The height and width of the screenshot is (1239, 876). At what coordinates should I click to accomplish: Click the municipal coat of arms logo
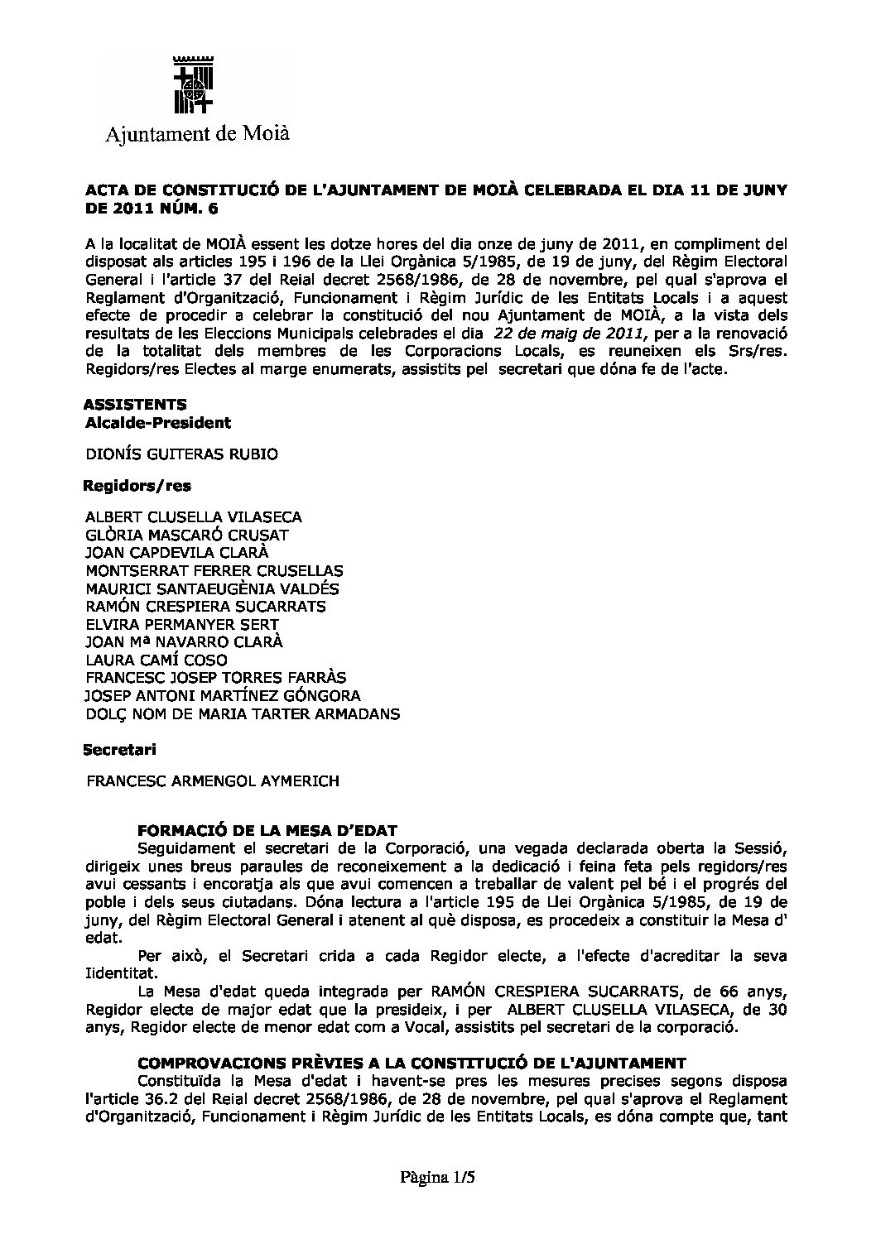(x=194, y=84)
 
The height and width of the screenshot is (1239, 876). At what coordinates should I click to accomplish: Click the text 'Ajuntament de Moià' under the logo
(x=197, y=133)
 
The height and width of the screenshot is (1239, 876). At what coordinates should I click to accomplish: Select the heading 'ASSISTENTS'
(x=135, y=404)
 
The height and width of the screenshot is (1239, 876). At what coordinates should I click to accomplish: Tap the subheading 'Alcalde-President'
(x=158, y=423)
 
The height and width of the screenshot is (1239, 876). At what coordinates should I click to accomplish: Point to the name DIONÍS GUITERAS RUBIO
(x=181, y=454)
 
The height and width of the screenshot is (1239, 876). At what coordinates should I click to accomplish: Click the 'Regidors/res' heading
(x=132, y=485)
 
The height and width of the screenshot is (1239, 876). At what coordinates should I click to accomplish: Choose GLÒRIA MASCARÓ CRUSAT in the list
(x=187, y=535)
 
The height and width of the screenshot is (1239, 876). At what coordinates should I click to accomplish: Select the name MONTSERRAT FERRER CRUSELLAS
(x=214, y=570)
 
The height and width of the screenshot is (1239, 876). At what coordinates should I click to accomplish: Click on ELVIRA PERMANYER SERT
(x=182, y=624)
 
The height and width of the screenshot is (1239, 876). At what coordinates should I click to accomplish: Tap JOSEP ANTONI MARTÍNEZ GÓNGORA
(x=224, y=696)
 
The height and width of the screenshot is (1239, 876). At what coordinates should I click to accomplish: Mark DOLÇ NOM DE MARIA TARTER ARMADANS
(x=243, y=713)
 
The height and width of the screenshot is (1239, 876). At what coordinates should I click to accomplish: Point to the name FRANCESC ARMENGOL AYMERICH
(x=213, y=780)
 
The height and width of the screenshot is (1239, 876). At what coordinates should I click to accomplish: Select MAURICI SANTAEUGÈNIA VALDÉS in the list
(x=212, y=588)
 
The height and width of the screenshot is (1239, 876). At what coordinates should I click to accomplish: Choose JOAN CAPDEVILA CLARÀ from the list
(x=177, y=552)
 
